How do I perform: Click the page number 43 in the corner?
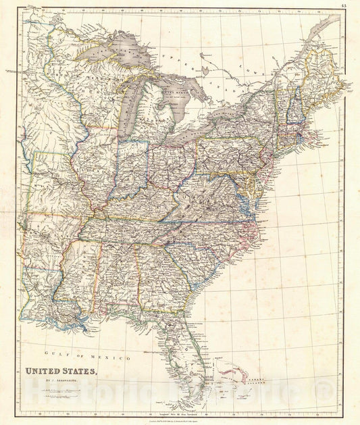pos(344,5)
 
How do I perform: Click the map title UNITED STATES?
pos(61,371)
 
